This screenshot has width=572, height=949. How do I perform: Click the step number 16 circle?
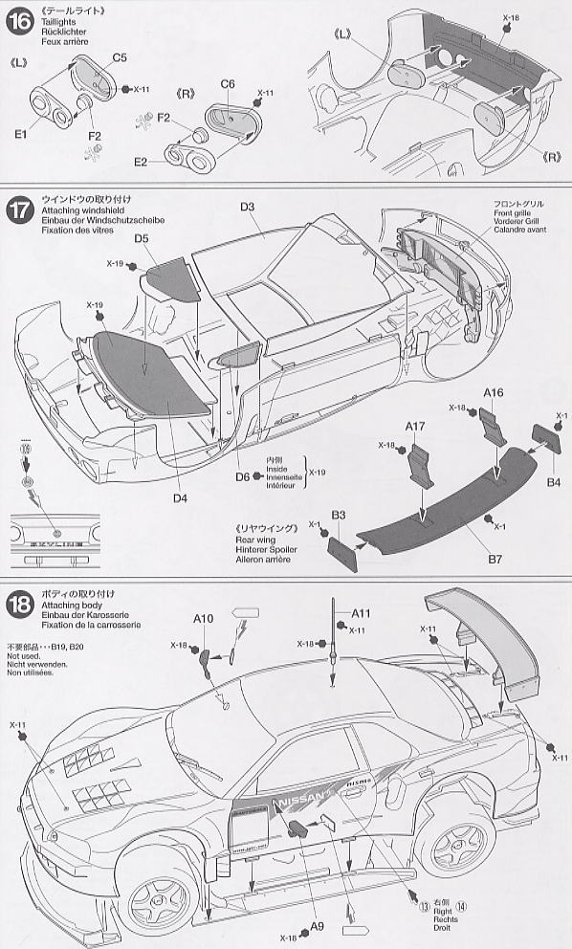pyautogui.click(x=18, y=20)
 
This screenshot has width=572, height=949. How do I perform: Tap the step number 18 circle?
pyautogui.click(x=18, y=604)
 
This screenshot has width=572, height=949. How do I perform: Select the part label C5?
pyautogui.click(x=120, y=57)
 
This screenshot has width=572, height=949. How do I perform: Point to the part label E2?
pyautogui.click(x=141, y=163)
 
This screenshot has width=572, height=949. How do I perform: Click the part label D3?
pyautogui.click(x=248, y=206)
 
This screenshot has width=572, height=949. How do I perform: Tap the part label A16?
pyautogui.click(x=493, y=393)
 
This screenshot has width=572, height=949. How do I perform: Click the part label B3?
pyautogui.click(x=339, y=517)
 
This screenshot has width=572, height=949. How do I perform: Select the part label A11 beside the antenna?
pyautogui.click(x=361, y=613)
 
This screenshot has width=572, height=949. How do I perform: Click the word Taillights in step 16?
pyautogui.click(x=55, y=30)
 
